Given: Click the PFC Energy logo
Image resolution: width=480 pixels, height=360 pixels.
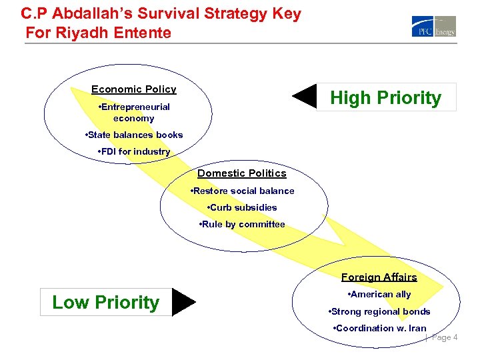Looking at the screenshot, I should [433, 26].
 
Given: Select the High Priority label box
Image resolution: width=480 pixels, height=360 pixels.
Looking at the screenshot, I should [386, 97].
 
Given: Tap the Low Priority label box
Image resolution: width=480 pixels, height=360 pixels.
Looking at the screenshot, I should [106, 302].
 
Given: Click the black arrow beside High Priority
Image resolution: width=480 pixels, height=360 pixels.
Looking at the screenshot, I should [305, 96].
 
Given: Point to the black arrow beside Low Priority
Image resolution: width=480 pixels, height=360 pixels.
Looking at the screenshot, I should [183, 302].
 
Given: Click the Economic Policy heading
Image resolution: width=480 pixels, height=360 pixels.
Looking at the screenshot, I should [134, 89].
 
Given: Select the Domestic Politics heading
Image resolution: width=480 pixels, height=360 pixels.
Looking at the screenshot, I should [242, 173].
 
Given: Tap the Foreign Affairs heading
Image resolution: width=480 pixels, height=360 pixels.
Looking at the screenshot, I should [379, 277].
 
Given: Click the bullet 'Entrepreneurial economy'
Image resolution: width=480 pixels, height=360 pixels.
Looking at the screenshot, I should [134, 113].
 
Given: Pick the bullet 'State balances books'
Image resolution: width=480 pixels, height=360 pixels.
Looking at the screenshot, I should [134, 135].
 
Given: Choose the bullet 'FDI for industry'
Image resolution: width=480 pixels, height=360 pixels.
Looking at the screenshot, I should [134, 151].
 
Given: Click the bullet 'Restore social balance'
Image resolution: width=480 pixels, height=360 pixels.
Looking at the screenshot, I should [242, 191].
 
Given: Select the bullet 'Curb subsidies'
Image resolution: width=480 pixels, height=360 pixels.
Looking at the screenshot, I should [242, 207].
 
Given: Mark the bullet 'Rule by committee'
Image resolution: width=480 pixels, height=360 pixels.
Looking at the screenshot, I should [242, 224].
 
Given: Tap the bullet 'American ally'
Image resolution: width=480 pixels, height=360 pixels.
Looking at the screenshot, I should [379, 294].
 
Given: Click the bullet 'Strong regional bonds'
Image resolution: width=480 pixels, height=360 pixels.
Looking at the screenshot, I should [379, 311].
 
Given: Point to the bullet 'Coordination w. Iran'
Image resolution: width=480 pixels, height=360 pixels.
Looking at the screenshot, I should [379, 328].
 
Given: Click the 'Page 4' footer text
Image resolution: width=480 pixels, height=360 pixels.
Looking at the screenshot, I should [445, 337].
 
